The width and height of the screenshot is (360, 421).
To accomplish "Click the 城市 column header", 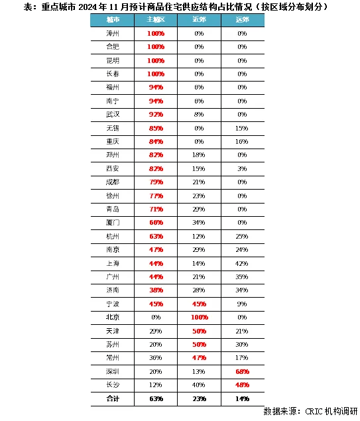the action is tap(113, 21).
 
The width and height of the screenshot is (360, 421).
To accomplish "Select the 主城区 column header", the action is tap(156, 21).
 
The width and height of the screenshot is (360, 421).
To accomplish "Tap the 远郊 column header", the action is tap(242, 21).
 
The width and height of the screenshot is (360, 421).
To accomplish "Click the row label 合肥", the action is tap(113, 46).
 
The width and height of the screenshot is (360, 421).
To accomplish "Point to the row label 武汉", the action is tap(113, 115).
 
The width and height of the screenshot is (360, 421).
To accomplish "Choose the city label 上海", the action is tap(113, 263).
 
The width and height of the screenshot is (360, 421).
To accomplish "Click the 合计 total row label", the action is tap(113, 398).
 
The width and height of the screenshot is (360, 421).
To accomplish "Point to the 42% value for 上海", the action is tap(242, 263).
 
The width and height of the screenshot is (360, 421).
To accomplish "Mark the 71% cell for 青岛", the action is tap(156, 209).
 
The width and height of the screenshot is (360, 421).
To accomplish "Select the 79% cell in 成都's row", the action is tap(156, 182).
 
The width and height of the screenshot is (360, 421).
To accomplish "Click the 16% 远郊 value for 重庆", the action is tap(242, 141).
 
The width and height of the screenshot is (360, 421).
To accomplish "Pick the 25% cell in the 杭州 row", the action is tap(242, 236).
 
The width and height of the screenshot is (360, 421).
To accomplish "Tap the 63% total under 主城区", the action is tap(156, 398).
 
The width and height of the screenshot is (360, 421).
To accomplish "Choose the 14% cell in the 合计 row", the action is tap(242, 398).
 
